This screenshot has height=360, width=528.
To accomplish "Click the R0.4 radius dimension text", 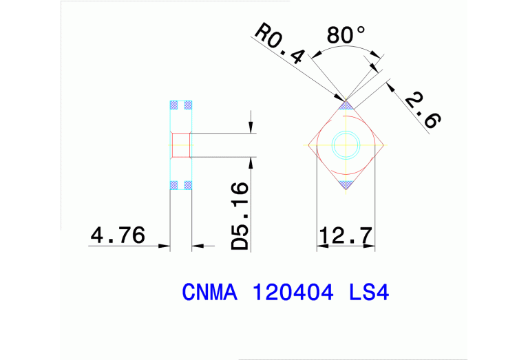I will click(279, 44).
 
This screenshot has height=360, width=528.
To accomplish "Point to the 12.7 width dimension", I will click(346, 236).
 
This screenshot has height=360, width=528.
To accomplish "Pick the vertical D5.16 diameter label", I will click(240, 216).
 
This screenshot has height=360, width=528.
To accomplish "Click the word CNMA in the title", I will click(209, 293).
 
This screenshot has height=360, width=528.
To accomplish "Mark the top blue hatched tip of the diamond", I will click(346, 105).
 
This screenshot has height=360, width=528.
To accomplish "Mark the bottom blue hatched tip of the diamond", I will click(346, 184).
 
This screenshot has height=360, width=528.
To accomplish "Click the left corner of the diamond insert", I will click(308, 145).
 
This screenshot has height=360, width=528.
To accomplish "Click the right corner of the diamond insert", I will click(383, 145).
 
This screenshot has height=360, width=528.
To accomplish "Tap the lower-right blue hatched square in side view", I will click(187, 184).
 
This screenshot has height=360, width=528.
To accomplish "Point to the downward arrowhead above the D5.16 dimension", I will click(251, 127).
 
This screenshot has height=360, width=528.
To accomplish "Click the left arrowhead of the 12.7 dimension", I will click(320, 246).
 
